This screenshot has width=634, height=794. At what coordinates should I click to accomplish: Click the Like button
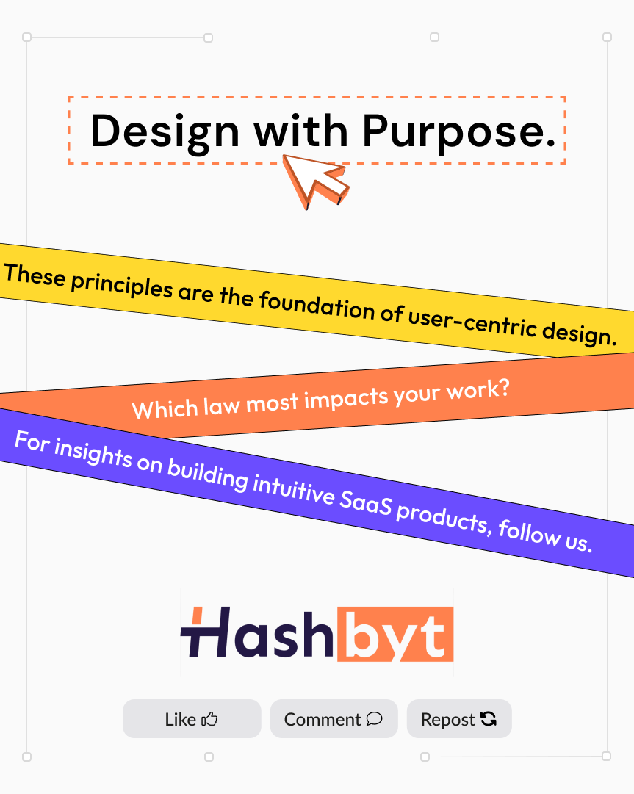pos(192,719)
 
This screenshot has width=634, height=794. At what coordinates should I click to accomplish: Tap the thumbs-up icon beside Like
pos(210,719)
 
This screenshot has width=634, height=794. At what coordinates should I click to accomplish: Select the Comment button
pos(334,719)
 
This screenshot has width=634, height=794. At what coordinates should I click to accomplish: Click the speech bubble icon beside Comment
pos(374,719)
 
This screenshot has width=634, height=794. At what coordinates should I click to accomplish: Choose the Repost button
pos(459,719)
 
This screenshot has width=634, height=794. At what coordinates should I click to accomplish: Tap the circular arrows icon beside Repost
pos(489,719)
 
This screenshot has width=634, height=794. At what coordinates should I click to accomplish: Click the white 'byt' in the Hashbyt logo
pos(395,634)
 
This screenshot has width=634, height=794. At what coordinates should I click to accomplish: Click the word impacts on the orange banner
pos(345,398)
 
